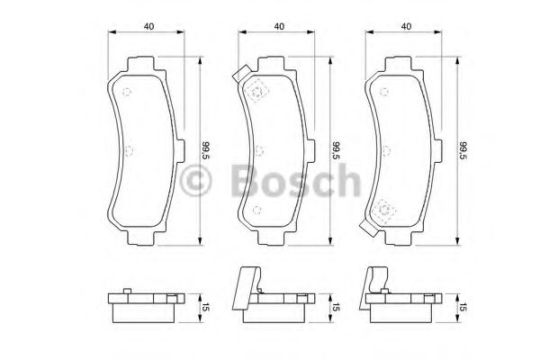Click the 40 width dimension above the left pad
click(147, 26)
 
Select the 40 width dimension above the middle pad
click(280, 26)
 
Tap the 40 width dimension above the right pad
click(407, 26)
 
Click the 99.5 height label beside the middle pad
click(337, 151)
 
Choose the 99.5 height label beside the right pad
click(463, 151)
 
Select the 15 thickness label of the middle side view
click(337, 309)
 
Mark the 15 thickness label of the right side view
click(463, 309)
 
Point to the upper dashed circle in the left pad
click(128, 90)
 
